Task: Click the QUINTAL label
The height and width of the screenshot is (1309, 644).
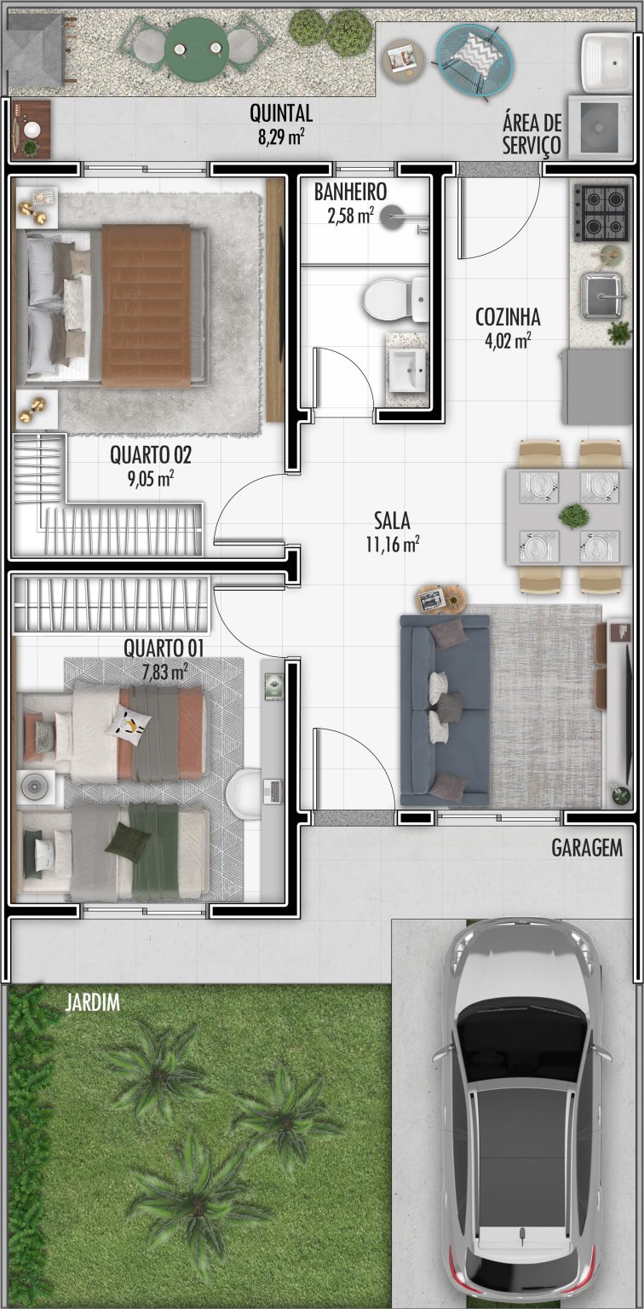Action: pos(281,113)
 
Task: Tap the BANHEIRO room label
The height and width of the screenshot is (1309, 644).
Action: pos(350,192)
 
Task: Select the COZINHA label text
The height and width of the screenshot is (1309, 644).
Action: pos(508,317)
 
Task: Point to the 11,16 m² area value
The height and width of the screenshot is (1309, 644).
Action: pos(393,544)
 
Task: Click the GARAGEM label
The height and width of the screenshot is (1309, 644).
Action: pos(587,848)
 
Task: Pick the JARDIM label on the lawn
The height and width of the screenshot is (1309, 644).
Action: pos(92,1002)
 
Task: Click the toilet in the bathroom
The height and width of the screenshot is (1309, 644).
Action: pos(396,299)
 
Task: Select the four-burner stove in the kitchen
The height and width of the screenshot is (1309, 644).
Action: pos(601,213)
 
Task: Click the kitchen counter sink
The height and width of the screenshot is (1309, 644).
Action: pos(601,296)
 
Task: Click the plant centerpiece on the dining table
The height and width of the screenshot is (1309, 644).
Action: pos(573,516)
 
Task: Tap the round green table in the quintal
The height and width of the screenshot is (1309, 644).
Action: pos(197,48)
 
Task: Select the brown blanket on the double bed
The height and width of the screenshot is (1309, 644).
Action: pos(147,306)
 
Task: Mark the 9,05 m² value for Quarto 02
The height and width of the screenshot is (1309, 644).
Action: pos(151,479)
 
